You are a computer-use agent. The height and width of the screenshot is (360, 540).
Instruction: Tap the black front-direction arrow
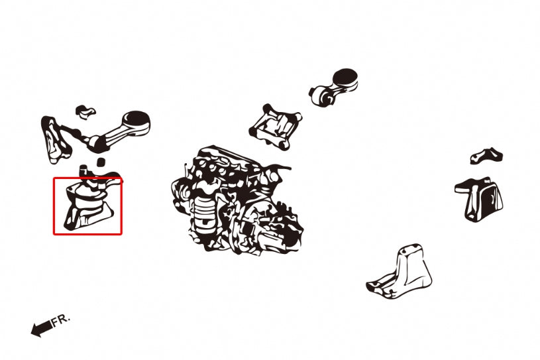pos(40,328)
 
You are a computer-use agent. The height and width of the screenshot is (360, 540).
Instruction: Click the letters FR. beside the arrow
pos(61,320)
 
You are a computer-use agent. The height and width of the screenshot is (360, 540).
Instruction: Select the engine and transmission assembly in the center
pos(235,199)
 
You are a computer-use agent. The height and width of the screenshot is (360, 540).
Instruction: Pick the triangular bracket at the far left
pos(56,139)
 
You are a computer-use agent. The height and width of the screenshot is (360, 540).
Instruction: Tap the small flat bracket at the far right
pos(486,155)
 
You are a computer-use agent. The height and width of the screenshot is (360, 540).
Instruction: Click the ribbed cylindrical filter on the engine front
pos(203,212)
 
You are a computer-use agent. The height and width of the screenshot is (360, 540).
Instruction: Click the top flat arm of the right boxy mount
pos(472,184)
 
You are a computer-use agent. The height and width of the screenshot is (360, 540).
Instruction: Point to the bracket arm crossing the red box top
pos(103,177)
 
